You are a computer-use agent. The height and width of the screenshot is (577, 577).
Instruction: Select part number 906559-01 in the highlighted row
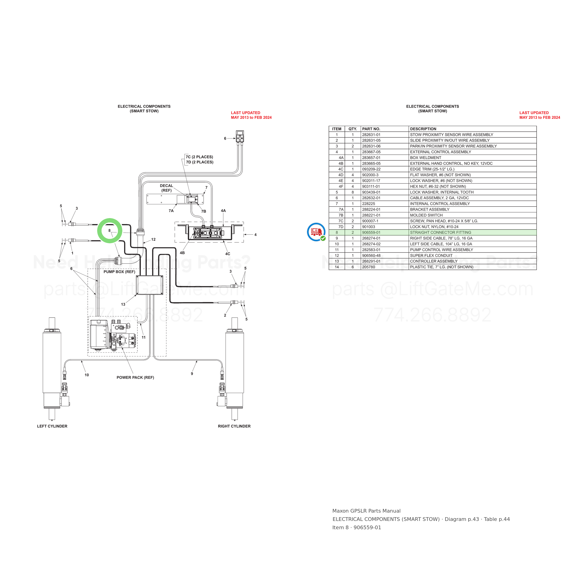371,233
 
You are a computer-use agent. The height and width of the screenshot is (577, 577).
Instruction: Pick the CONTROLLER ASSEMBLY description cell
434,261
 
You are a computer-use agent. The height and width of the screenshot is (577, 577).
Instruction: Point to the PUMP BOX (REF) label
119,272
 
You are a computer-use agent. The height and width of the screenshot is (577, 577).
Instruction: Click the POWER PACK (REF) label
135,378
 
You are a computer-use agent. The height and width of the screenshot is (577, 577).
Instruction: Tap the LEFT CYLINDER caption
52,426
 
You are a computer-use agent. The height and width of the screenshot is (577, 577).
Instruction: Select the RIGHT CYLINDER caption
234,426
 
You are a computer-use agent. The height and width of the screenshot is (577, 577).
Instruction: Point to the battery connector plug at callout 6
240,137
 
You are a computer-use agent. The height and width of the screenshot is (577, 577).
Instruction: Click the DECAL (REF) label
166,188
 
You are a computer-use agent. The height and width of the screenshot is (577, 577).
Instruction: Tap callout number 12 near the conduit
153,240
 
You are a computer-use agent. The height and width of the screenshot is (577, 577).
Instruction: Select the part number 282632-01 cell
371,198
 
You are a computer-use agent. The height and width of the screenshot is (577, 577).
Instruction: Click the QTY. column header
353,129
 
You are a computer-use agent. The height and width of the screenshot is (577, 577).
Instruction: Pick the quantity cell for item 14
353,267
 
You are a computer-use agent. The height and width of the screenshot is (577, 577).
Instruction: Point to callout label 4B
182,253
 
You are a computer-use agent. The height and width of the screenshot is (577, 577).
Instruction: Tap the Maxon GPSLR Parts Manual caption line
367,511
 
